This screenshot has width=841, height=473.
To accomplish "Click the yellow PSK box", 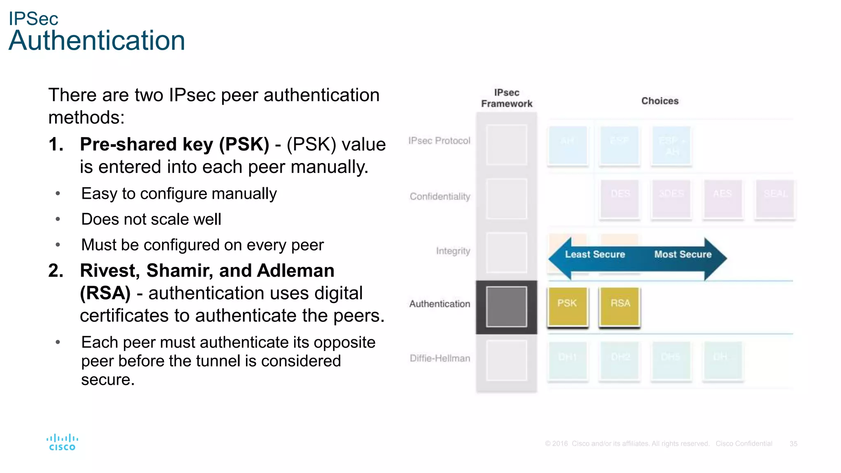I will tap(568, 307).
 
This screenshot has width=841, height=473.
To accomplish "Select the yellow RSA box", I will tap(620, 307).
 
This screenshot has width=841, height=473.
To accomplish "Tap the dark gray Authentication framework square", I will tap(506, 307).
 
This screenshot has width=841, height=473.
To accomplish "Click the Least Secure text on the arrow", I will tap(595, 255).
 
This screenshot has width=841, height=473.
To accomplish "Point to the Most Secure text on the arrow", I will tap(682, 255).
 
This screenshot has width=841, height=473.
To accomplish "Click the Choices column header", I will tap(659, 101).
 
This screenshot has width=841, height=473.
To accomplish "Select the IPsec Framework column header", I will tap(506, 98).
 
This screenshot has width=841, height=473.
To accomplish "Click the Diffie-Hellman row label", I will tap(440, 358).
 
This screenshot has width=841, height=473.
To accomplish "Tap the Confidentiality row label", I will tap(440, 197).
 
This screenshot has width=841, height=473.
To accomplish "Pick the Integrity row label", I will tap(453, 251).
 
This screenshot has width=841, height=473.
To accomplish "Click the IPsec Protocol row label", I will tap(439, 141).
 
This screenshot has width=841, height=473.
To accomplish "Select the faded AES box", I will tap(723, 199).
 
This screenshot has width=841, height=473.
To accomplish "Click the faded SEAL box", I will tap(775, 199).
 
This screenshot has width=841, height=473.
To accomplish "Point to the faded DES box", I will tap(620, 199).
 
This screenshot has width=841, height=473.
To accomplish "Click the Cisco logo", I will tap(62, 443).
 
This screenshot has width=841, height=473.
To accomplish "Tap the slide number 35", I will tap(793, 444).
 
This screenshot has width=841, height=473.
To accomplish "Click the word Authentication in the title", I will tap(97, 41).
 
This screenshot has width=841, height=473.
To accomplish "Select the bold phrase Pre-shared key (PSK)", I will tap(175, 145).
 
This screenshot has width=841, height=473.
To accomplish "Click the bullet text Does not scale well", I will tap(151, 219).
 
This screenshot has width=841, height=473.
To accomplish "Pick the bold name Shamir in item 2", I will tap(180, 271).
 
